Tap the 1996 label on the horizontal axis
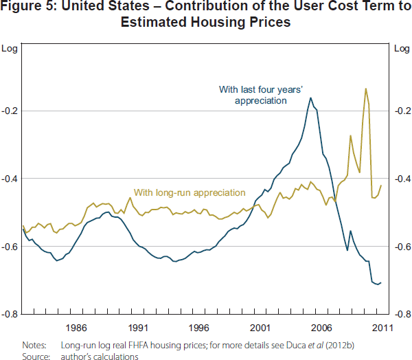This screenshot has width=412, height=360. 199,328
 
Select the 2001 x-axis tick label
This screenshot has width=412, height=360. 261,328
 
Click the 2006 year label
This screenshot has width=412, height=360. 323,328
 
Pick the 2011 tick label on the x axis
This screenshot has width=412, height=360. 382,328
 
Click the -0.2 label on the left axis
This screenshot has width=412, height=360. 10,111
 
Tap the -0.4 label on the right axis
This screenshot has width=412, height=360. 402,179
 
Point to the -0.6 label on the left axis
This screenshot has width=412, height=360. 10,247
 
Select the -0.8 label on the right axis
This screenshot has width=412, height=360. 402,315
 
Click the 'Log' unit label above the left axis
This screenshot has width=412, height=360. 10,48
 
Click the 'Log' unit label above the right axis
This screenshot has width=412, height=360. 401,48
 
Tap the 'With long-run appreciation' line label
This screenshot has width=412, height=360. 189,192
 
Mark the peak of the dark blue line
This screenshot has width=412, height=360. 310,98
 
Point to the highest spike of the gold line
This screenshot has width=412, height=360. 365,89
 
